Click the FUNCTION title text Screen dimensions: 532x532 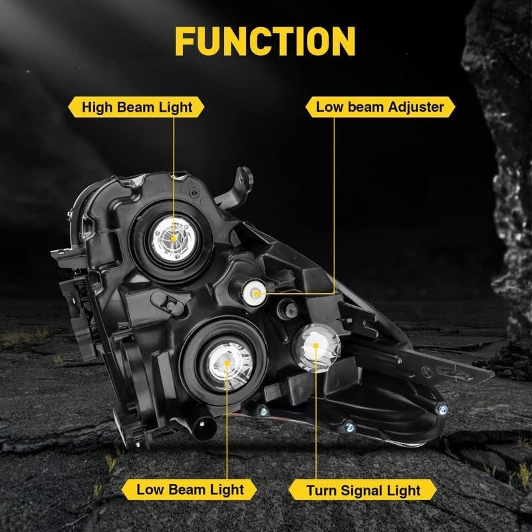265,41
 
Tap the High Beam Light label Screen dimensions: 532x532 136,107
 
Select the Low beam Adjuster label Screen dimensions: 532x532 380,107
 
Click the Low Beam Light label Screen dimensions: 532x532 190,489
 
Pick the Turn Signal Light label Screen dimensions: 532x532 362,490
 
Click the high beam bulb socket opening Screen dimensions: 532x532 174,239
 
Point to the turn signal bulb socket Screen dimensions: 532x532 317,348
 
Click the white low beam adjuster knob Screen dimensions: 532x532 254,293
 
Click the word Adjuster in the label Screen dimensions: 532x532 416,107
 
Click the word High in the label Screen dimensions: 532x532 96,107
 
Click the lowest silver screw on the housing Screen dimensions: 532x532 350,427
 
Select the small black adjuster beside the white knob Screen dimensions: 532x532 289,309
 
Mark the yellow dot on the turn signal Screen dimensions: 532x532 316,345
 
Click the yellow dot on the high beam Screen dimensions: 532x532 174,239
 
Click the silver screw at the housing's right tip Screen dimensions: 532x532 443,410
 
